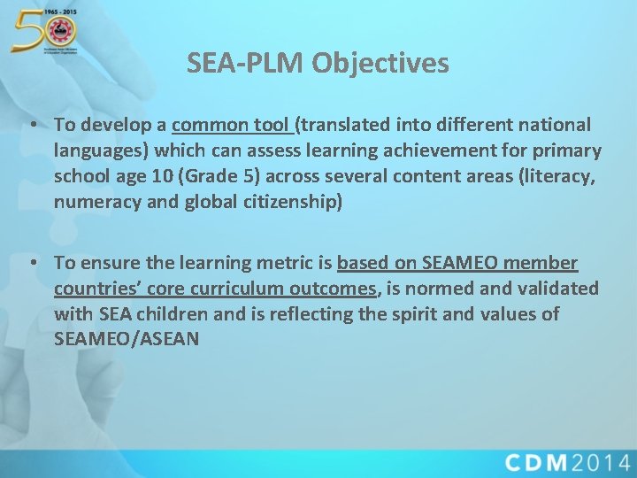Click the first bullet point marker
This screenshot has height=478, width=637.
tap(33, 125)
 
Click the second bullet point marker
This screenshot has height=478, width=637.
tap(33, 263)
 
